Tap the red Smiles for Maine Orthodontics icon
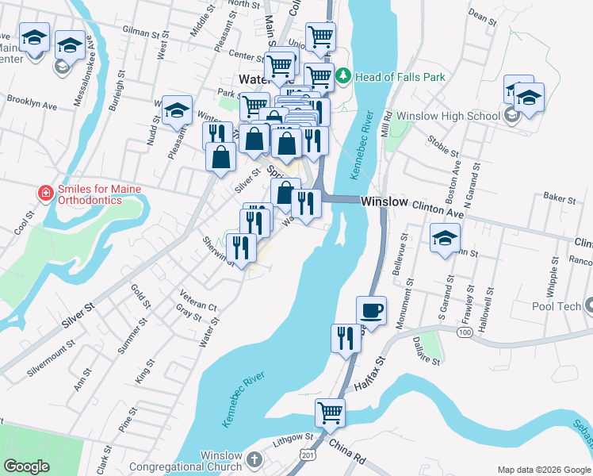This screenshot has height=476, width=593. [46, 193]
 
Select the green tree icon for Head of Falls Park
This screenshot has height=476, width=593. [343, 77]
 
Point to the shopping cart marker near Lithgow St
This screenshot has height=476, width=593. [330, 412]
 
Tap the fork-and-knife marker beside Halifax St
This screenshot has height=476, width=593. [345, 339]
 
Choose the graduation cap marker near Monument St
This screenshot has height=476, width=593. [445, 237]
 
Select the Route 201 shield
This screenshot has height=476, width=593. [306, 452]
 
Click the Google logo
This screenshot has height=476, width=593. [27, 466]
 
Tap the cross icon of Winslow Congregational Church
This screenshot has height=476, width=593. [253, 459]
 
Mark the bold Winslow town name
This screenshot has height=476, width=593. [384, 202]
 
